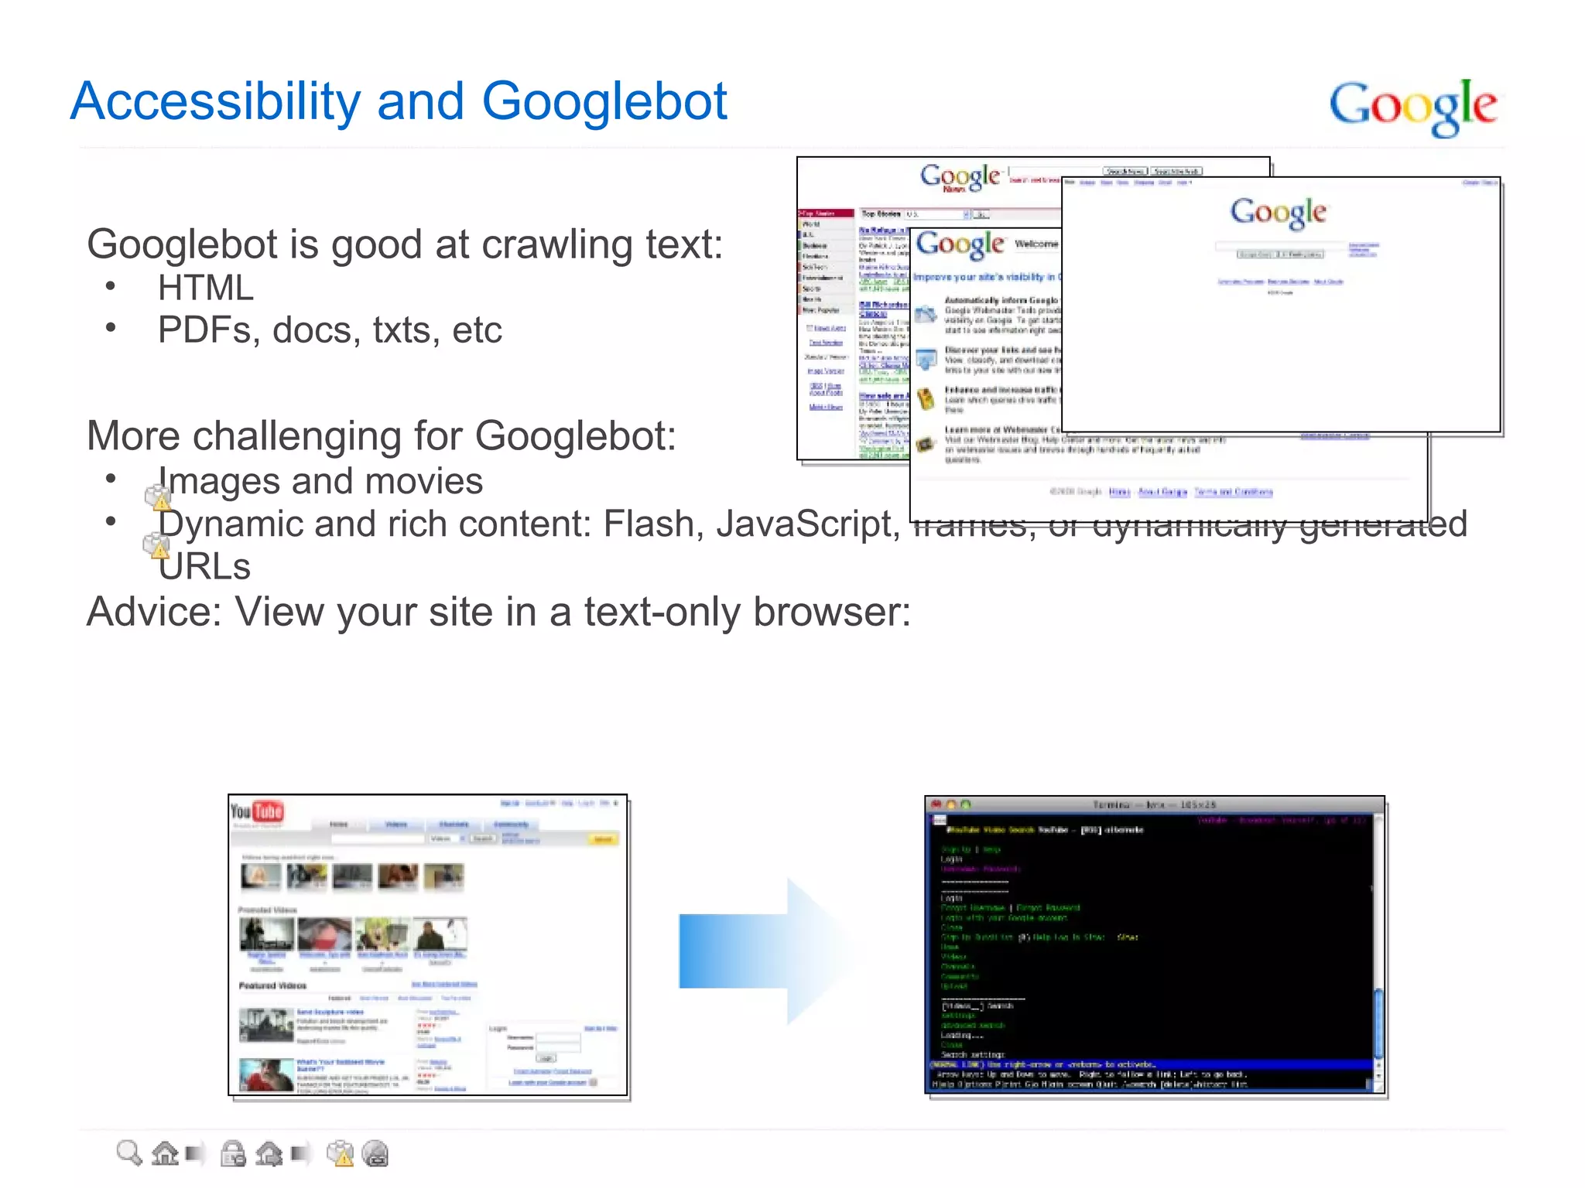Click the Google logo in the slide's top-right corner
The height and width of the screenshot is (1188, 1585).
pyautogui.click(x=1412, y=107)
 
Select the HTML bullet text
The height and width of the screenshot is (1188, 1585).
pyautogui.click(x=206, y=288)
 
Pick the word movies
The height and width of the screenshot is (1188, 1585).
pyautogui.click(x=424, y=481)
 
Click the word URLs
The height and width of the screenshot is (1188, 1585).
pyautogui.click(x=204, y=567)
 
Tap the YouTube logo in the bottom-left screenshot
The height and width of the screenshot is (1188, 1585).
pyautogui.click(x=258, y=812)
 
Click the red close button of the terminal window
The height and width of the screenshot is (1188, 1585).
pyautogui.click(x=936, y=804)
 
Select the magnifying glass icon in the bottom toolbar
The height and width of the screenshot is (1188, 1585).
pyautogui.click(x=128, y=1153)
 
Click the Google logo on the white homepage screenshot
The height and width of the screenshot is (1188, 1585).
pyautogui.click(x=1279, y=213)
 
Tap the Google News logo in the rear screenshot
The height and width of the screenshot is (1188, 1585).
pyautogui.click(x=960, y=177)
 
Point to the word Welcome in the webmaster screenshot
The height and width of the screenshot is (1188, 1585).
pyautogui.click(x=1036, y=244)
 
